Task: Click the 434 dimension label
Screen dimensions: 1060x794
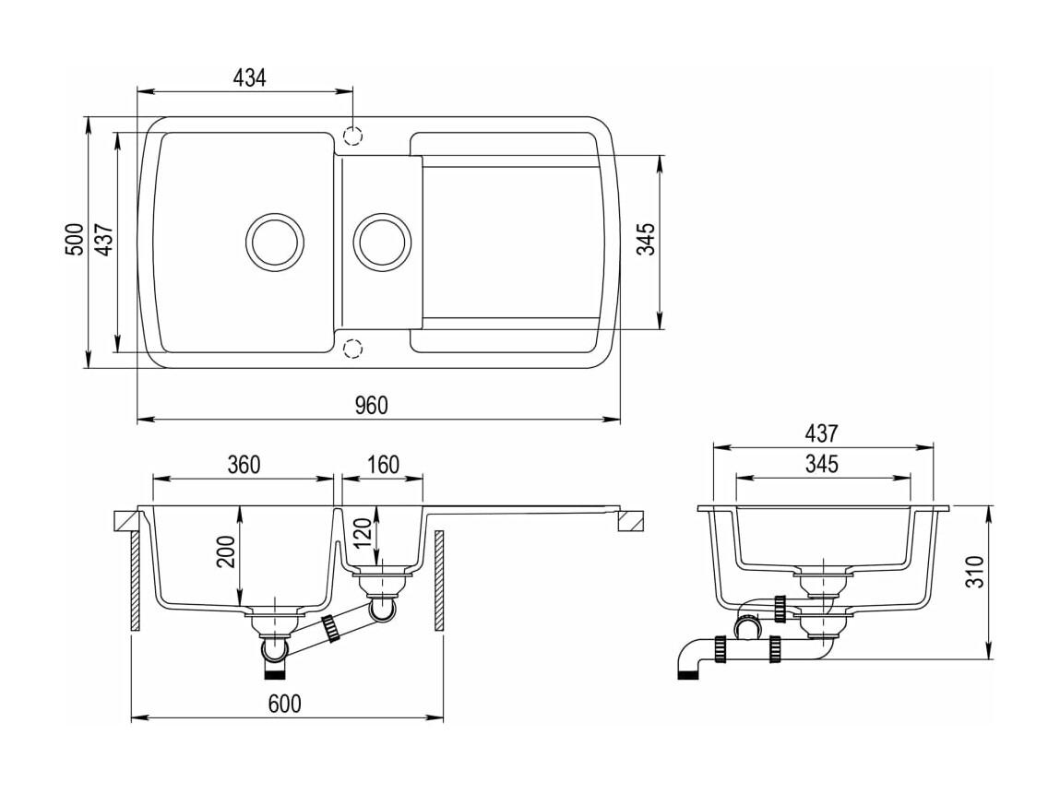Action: (x=249, y=77)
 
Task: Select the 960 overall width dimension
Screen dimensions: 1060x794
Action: (x=372, y=405)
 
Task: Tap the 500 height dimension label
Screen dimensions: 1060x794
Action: (x=75, y=239)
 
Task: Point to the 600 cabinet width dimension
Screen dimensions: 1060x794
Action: (x=285, y=704)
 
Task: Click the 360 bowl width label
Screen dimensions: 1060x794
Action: (x=244, y=464)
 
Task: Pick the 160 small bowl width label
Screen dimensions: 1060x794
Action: (x=383, y=464)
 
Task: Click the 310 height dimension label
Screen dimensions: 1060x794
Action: (x=974, y=572)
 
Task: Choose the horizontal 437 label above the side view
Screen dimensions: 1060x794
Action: (x=821, y=433)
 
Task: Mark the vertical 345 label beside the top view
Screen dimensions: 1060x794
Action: (x=647, y=239)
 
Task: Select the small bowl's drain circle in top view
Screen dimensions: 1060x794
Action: (x=382, y=242)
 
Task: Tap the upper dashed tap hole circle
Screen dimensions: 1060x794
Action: (x=353, y=136)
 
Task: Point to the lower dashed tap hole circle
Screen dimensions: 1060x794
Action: (x=353, y=349)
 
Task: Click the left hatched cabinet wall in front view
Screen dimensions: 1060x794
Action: (x=136, y=580)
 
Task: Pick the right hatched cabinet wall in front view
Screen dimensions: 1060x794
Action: (x=439, y=580)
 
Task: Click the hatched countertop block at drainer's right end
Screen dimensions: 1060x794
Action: (x=632, y=521)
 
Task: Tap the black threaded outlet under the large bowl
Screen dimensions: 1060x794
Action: (x=275, y=670)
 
